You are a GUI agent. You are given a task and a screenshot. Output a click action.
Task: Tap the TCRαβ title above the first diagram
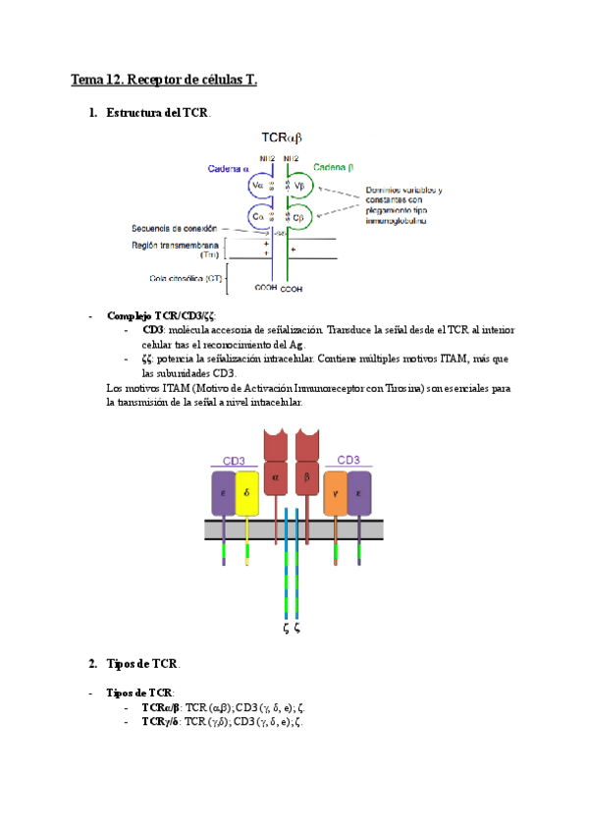pos(282,141)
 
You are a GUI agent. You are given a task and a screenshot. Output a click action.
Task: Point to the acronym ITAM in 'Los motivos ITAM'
pos(176,389)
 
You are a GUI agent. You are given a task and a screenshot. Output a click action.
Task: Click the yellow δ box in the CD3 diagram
pos(246,493)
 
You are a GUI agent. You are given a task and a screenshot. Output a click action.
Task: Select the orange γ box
pos(335,493)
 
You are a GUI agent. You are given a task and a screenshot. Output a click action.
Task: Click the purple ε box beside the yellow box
pos(223,493)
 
